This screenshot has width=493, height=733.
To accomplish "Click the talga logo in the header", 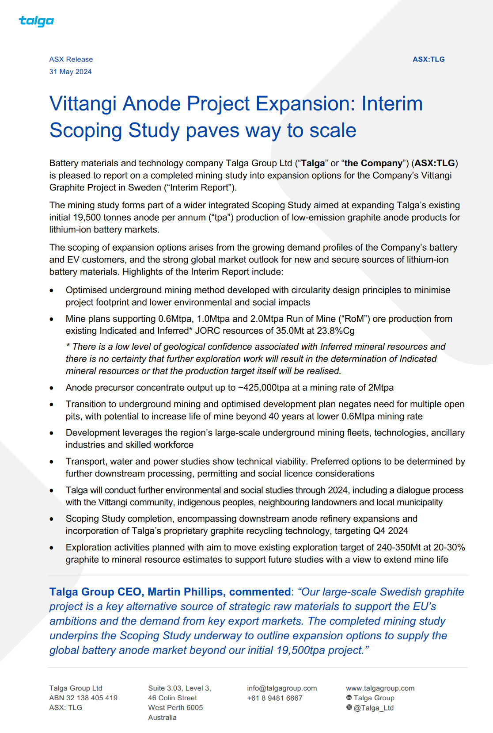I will tap(36, 21).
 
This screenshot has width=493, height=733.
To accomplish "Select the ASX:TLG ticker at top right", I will tap(429, 59).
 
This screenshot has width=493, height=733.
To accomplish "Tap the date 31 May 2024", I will tap(70, 72).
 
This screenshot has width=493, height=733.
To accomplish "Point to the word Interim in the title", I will tap(392, 104).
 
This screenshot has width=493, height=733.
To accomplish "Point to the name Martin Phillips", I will tap(185, 592).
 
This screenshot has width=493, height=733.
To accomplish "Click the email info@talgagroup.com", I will tap(282, 688).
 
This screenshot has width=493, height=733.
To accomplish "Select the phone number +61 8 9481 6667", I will tap(275, 698).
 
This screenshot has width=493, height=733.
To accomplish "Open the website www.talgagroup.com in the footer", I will tap(380, 688).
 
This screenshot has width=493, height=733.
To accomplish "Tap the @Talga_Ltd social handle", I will tap(373, 708).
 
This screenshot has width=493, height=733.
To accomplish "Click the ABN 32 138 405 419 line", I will tap(83, 698).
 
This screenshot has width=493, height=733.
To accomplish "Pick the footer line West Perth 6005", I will tap(175, 708).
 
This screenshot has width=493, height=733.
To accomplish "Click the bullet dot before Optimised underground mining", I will tap(52, 291).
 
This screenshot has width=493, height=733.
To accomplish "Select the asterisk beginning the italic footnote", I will tap(68, 346).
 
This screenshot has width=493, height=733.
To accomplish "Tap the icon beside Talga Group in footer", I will tap(349, 698).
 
